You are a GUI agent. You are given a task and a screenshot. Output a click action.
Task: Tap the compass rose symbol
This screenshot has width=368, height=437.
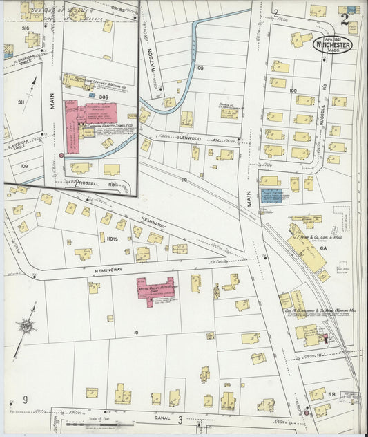26,326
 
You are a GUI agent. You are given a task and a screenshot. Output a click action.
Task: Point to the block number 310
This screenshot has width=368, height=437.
26,28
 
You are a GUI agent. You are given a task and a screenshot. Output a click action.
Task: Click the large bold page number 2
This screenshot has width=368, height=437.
354,19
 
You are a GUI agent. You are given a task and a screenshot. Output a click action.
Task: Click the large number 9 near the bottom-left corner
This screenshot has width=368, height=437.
26,400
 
